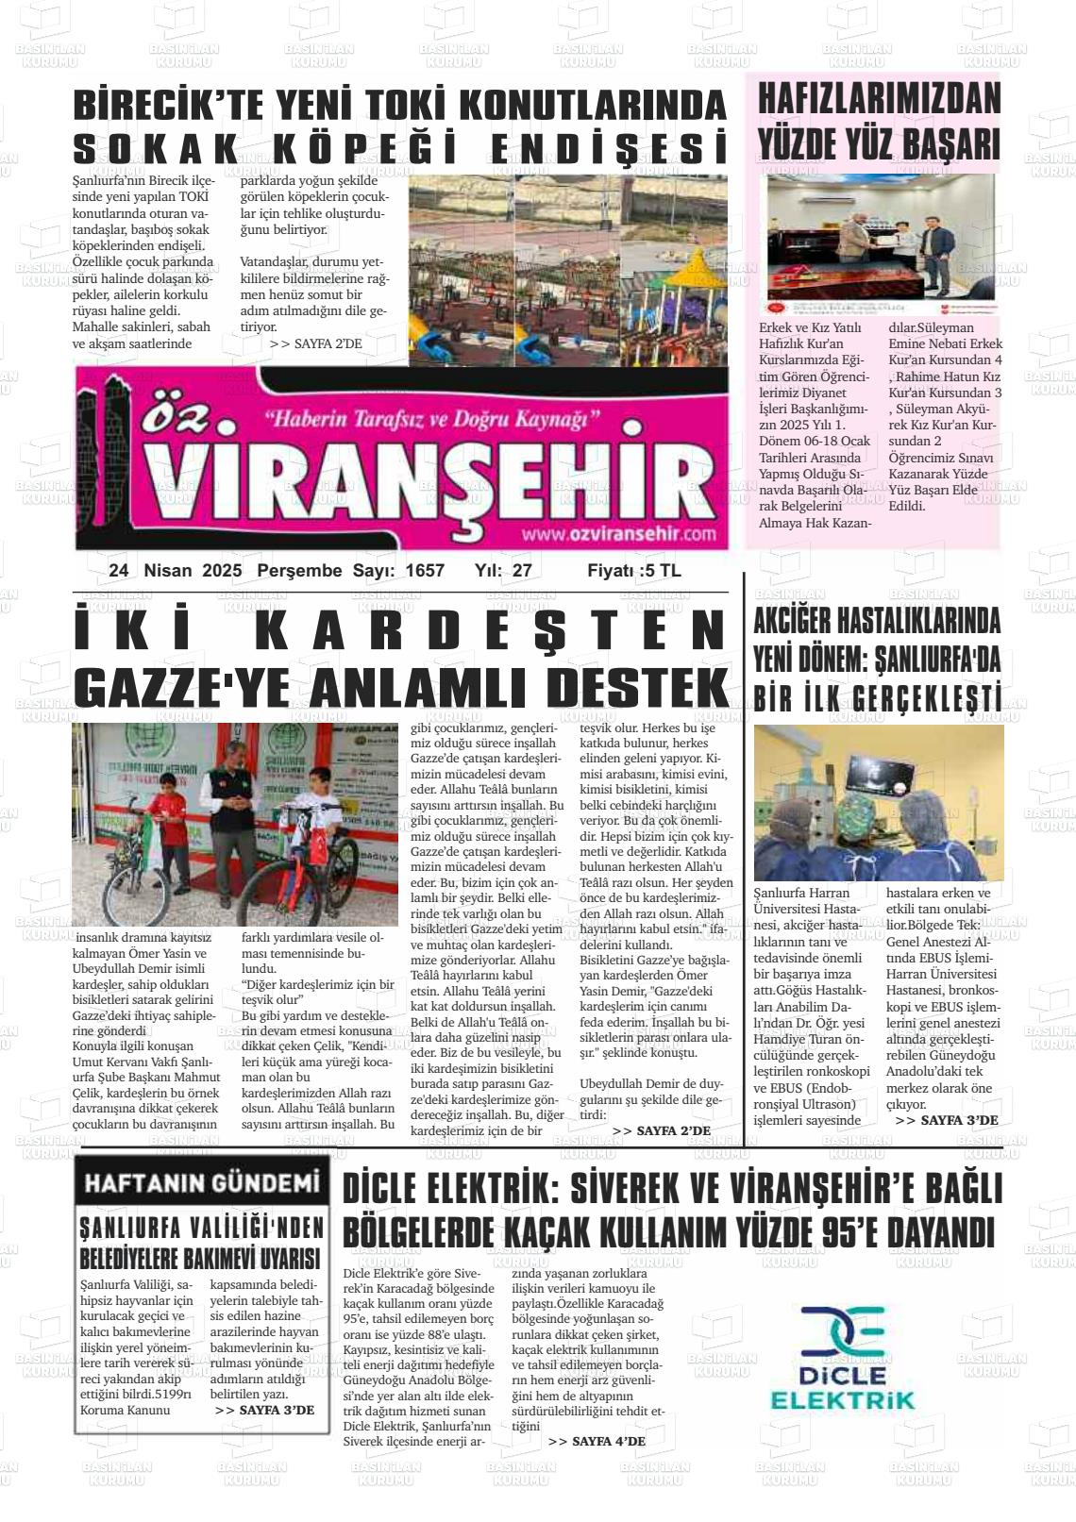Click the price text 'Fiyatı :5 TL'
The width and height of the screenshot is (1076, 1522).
pyautogui.click(x=633, y=571)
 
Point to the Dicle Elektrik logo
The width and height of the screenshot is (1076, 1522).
pyautogui.click(x=842, y=1357)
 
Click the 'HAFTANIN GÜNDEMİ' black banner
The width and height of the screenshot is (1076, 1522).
pyautogui.click(x=202, y=1183)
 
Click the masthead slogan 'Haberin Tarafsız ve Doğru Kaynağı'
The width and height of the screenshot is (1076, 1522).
pyautogui.click(x=433, y=418)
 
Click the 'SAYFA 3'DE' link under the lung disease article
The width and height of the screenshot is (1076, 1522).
pyautogui.click(x=946, y=1120)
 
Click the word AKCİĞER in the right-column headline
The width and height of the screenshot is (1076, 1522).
pyautogui.click(x=798, y=623)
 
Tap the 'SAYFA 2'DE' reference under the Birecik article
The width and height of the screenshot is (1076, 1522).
pyautogui.click(x=315, y=344)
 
